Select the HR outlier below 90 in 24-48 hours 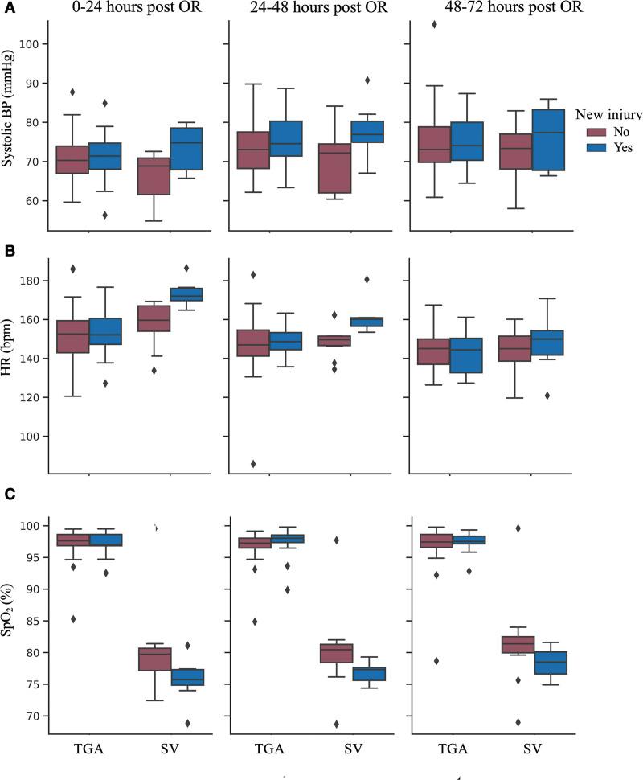click(x=254, y=464)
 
